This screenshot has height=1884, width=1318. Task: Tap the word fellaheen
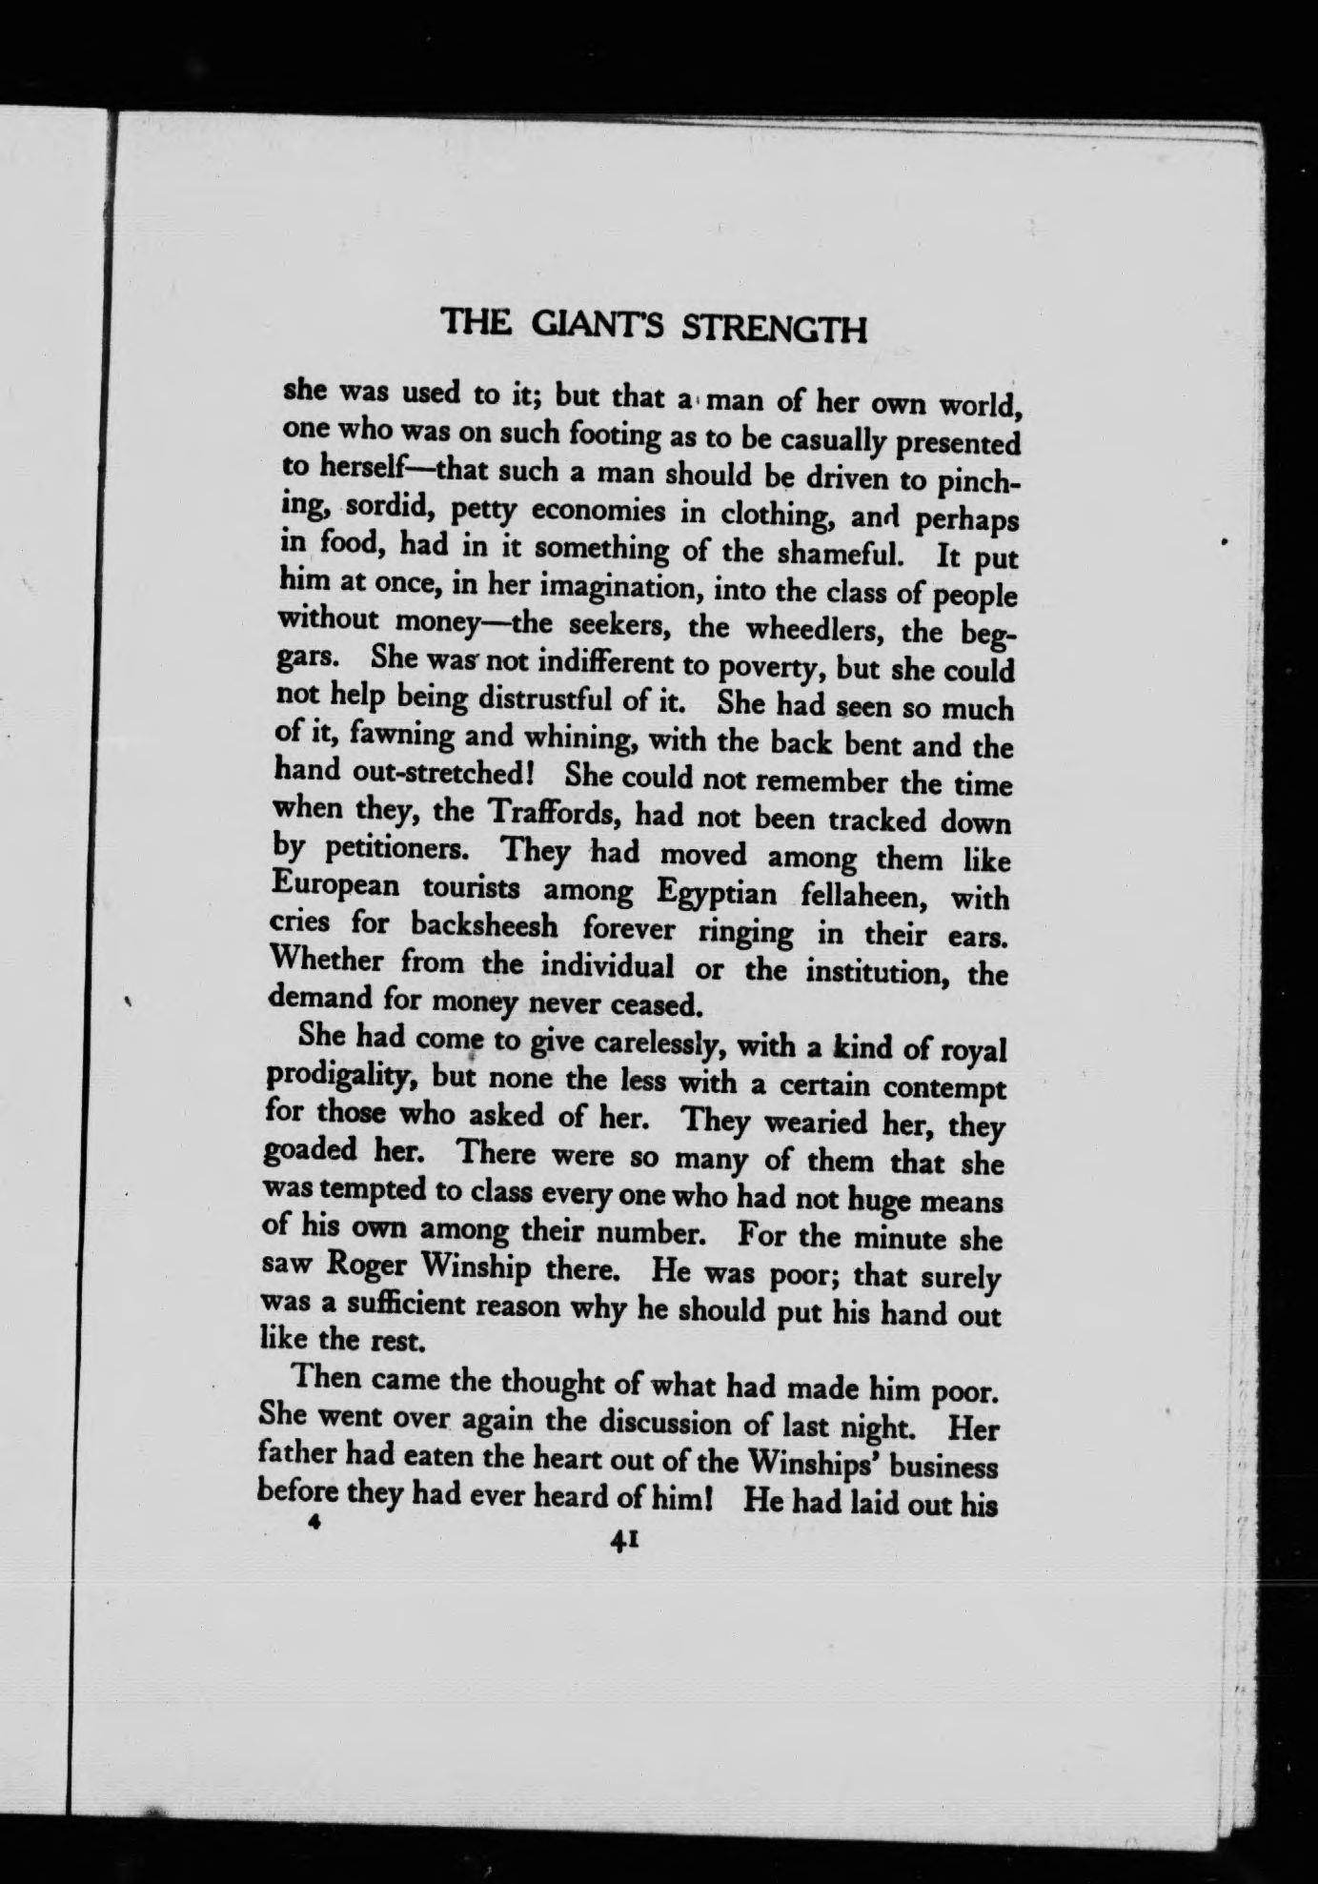pyautogui.click(x=865, y=897)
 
